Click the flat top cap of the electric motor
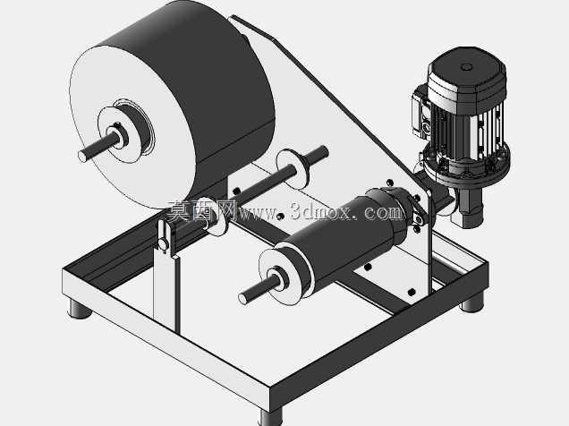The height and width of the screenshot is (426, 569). [467, 70]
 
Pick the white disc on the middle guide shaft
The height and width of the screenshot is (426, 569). [293, 168]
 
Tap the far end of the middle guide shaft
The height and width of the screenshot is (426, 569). [323, 151]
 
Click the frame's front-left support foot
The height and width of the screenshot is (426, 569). [79, 311]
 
